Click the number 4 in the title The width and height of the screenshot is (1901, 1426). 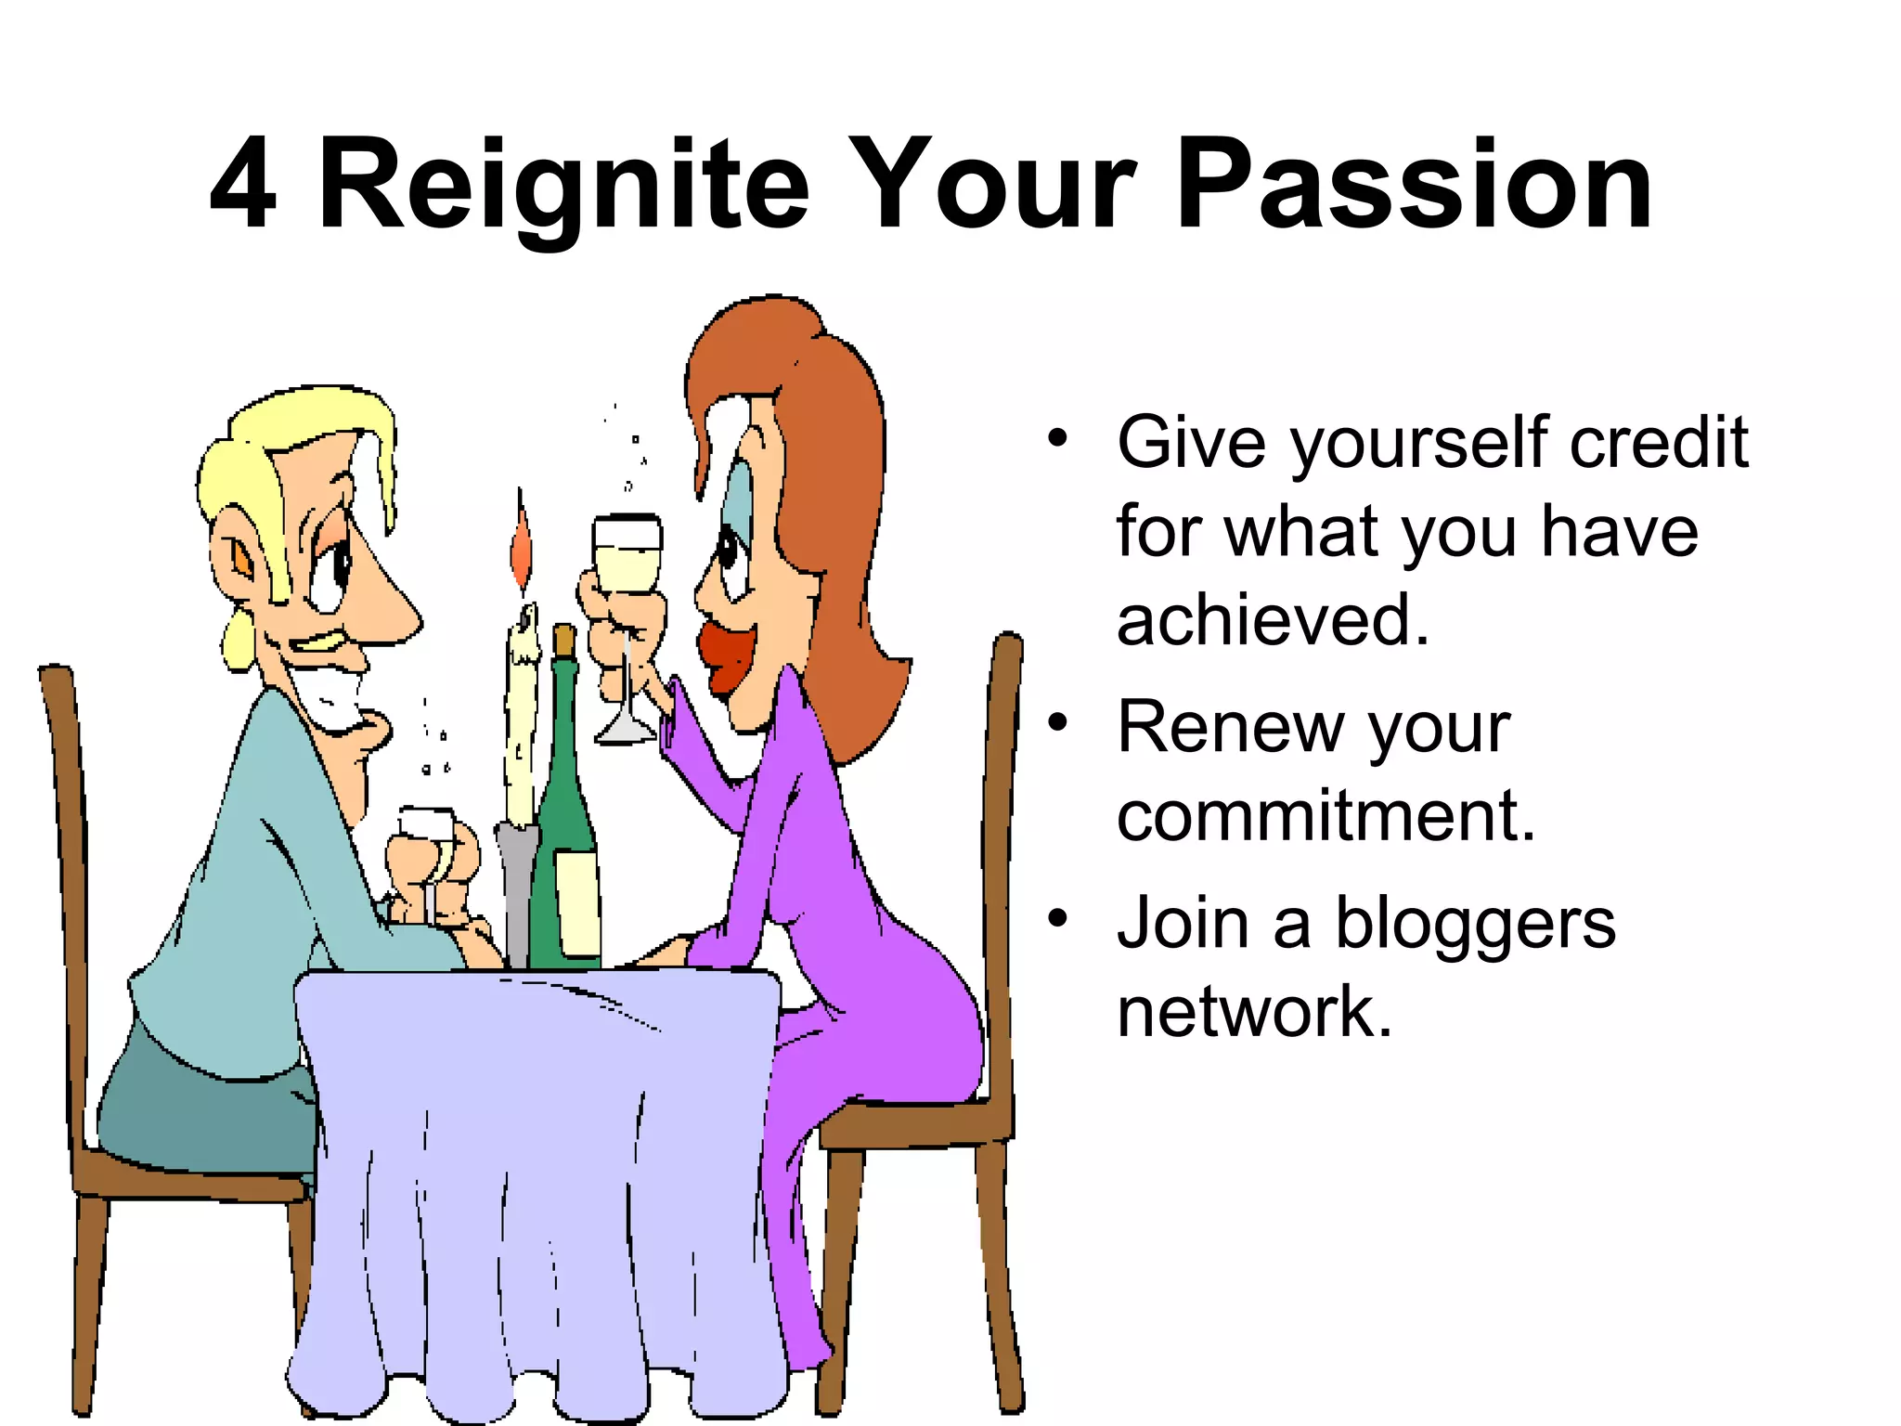243,183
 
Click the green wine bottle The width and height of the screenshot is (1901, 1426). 563,836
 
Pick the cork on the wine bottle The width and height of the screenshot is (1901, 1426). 563,641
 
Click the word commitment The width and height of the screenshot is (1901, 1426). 1326,816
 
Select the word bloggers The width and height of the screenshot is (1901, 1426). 1475,923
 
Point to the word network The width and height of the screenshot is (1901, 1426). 1254,1011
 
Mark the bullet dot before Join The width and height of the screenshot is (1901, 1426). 1057,918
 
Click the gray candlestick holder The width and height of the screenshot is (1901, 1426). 516,891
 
